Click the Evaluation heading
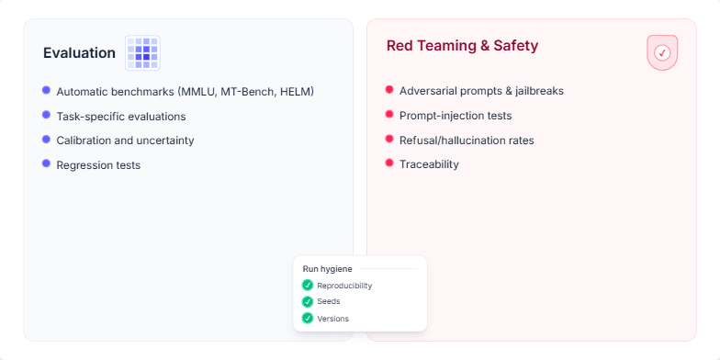coord(79,53)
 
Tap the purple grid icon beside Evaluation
coord(142,53)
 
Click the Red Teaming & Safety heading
coord(462,46)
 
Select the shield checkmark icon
coord(661,53)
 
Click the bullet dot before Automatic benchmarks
coord(46,90)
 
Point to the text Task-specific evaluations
coord(120,117)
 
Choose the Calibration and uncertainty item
coord(125,141)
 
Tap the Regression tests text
coord(98,165)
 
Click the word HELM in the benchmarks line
coord(297,92)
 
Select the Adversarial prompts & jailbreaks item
coord(481,91)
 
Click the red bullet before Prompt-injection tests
coord(389,115)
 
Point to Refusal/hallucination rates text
coord(467,141)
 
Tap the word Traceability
coord(429,164)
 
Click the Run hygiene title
coord(327,269)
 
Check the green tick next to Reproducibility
coord(308,286)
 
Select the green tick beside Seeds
coord(308,301)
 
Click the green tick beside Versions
coord(308,318)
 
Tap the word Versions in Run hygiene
coord(332,319)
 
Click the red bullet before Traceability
coord(389,163)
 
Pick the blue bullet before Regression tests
coord(46,163)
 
